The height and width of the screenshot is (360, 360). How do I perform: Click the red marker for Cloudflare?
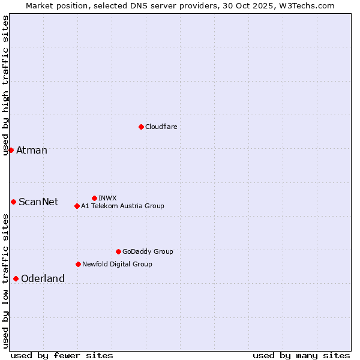tap(141, 127)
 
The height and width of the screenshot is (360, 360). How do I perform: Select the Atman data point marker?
tap(11, 150)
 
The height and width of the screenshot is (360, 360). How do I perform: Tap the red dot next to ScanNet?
tap(13, 202)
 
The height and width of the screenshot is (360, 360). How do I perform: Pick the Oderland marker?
tap(16, 278)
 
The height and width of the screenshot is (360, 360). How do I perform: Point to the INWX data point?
tap(94, 198)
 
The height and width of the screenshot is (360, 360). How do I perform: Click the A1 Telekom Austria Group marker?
tap(77, 206)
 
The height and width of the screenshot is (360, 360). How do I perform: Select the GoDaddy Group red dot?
tap(118, 251)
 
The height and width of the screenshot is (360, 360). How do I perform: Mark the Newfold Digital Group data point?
tap(78, 264)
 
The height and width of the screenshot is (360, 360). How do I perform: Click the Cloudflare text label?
tap(161, 127)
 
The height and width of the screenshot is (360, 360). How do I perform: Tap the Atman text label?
tap(32, 150)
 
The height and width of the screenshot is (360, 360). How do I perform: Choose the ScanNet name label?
tap(38, 202)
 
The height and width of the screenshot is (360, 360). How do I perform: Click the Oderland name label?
tap(43, 278)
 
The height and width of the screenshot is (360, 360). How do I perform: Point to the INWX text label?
tap(107, 198)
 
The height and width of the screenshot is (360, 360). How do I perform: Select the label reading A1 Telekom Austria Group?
tap(122, 206)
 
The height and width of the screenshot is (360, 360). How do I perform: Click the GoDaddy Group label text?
tap(148, 251)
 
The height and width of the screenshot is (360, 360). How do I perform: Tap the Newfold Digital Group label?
tap(117, 264)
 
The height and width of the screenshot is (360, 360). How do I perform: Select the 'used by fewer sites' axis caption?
tap(62, 355)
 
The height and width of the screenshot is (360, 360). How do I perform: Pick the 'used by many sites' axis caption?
tap(301, 355)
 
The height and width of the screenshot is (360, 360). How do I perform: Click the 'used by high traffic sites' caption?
tap(5, 85)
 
